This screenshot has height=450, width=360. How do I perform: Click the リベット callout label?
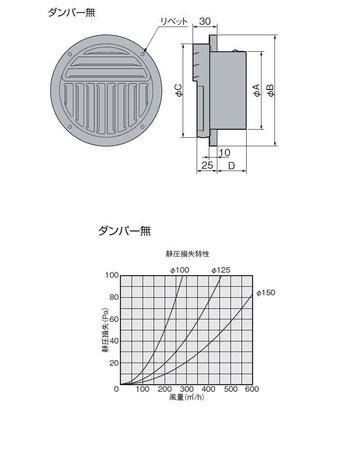pos(174,22)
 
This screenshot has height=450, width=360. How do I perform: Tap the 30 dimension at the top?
pos(205,21)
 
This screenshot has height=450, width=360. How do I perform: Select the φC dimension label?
pos(178,90)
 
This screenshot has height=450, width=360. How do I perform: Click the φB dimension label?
pos(270,90)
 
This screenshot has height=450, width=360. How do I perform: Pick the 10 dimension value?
pos(225,153)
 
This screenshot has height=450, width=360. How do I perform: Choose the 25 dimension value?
pos(207,165)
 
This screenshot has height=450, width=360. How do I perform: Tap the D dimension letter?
pos(231,166)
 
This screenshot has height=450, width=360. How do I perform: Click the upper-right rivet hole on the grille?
pos(143,54)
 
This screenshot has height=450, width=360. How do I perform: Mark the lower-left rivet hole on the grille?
pos(70,127)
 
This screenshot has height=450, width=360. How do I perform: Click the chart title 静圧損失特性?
pos(188,254)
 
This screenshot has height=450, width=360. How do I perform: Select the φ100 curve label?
pos(180,270)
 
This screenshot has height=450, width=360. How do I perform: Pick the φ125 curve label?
pos(221,270)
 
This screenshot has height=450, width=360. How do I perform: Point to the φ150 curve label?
pos(266,293)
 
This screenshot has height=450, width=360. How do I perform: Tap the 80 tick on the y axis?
pos(114,297)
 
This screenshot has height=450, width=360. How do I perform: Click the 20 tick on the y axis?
pos(114,363)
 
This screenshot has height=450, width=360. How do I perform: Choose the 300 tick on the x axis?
pos(187,389)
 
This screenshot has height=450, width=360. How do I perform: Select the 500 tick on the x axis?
pos(230,389)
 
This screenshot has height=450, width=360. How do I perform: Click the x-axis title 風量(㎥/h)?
pos(187,397)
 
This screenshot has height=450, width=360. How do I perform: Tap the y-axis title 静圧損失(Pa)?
pos(105,330)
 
